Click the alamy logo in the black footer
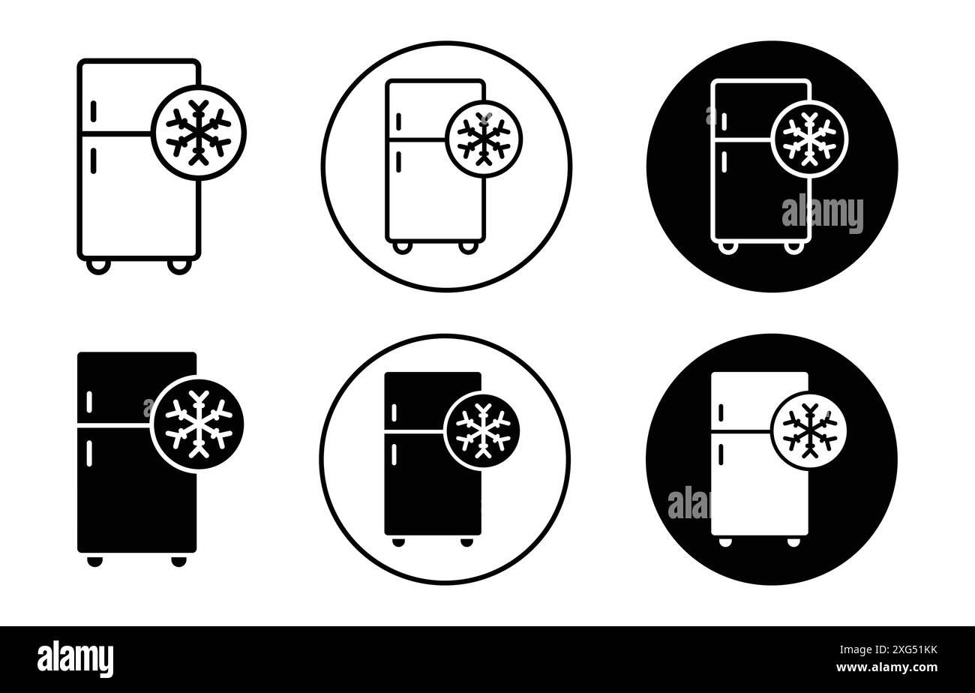pos(75,659)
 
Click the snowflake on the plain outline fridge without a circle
pos(199,133)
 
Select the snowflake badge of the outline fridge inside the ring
pos(484,139)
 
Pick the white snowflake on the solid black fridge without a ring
pos(199,424)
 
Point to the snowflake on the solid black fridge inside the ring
pos(482,430)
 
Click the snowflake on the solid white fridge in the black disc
pos(808,430)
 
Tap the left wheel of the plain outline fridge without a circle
pos(98,265)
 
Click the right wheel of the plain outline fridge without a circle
pos(178,265)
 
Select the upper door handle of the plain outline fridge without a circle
pos(94,111)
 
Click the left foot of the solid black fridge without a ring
pos(94,561)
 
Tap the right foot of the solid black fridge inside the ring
pos(466,541)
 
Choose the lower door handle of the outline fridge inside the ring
pos(398,161)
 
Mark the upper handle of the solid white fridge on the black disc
pos(721,412)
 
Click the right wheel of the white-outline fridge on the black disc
pos(792,247)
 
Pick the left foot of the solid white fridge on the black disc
pos(724,541)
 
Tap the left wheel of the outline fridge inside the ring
pos(403,247)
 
